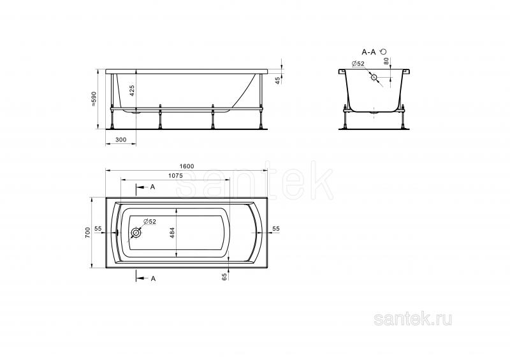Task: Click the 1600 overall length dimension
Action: click(187, 166)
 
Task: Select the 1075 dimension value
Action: click(175, 176)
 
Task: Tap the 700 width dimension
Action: click(87, 233)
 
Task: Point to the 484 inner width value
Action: click(172, 233)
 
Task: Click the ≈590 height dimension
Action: click(94, 99)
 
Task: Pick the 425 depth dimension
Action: click(132, 90)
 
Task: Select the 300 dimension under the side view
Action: click(120, 140)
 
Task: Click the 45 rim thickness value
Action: click(277, 80)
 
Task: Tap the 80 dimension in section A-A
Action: click(386, 61)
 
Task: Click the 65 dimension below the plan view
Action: click(224, 277)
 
